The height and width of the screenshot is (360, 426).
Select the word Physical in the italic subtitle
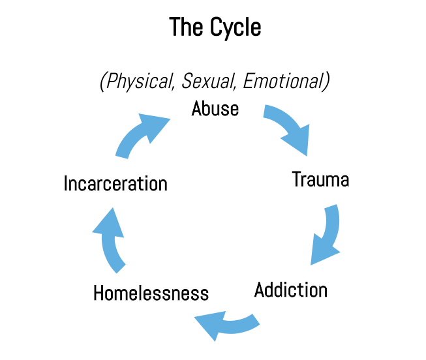(137, 82)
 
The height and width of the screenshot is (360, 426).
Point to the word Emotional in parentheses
(286, 82)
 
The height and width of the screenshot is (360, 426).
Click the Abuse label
(215, 108)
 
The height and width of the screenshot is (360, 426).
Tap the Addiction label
(291, 289)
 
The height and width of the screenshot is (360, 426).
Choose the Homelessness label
(151, 293)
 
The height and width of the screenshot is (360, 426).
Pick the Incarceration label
(115, 183)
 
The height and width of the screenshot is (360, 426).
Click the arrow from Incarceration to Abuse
(140, 134)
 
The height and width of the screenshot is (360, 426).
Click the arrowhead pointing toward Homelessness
(208, 323)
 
